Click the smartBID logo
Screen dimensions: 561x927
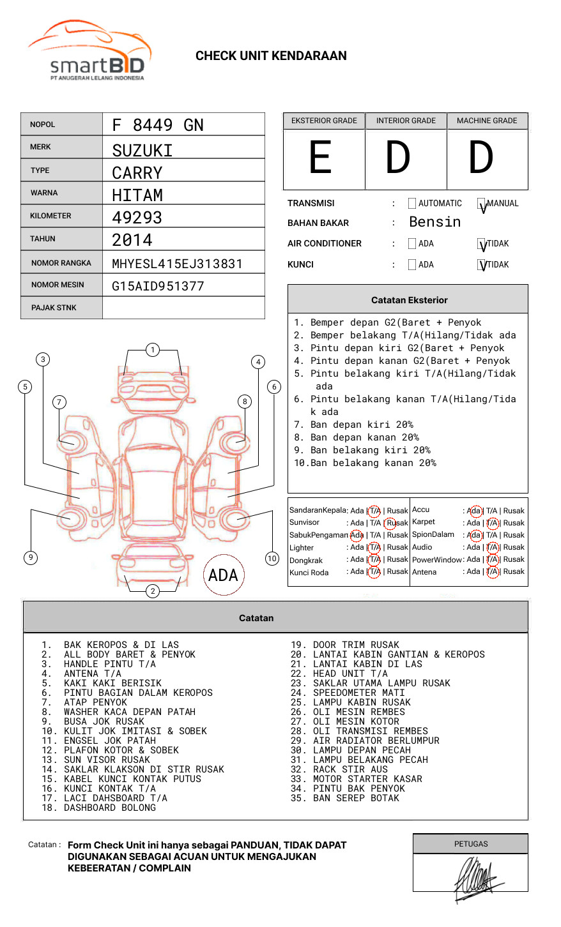click(89, 51)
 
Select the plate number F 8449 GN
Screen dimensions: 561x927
click(158, 125)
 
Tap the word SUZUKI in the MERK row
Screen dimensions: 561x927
click(142, 151)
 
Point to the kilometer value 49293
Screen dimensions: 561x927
click(137, 218)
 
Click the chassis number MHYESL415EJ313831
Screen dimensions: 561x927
click(177, 264)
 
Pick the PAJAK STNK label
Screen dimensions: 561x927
click(54, 308)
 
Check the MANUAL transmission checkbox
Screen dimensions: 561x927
click(482, 204)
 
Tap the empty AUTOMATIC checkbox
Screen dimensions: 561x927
click(412, 204)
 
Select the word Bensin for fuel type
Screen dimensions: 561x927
click(434, 222)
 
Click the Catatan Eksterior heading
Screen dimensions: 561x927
click(409, 300)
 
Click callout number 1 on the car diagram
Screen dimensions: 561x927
click(153, 349)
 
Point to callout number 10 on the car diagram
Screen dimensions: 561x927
click(272, 559)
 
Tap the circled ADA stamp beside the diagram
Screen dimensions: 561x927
click(223, 575)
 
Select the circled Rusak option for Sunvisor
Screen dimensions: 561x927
click(396, 523)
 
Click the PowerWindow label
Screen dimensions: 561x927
click(437, 560)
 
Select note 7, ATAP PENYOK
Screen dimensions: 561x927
click(95, 702)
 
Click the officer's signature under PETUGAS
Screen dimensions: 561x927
click(475, 878)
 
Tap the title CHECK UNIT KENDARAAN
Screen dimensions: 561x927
click(271, 56)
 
